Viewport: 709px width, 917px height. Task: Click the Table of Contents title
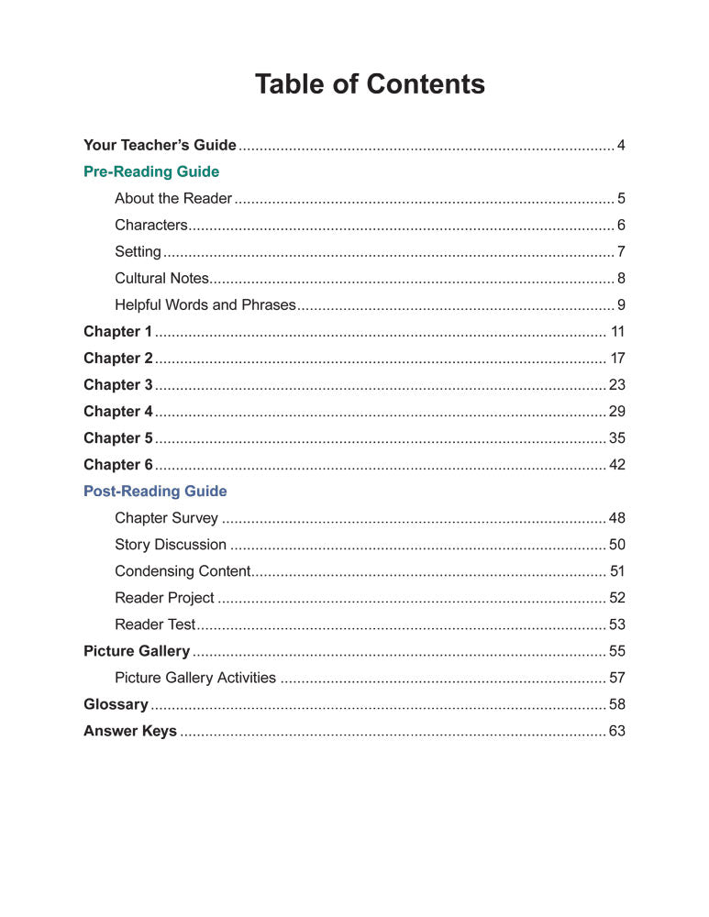[x=370, y=84]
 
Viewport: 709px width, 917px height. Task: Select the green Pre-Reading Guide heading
[x=151, y=171]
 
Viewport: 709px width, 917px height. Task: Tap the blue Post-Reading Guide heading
[x=155, y=492]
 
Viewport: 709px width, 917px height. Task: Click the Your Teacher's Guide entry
[x=160, y=145]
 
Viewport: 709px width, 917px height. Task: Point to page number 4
[x=621, y=145]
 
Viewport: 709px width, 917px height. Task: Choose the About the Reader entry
[x=172, y=198]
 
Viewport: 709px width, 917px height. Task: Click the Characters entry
[x=150, y=225]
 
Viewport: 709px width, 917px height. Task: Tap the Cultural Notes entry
[x=161, y=278]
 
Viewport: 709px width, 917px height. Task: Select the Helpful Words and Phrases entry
[x=205, y=304]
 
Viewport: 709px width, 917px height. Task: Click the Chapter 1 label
[x=117, y=331]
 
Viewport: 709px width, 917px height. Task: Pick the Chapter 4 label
[x=117, y=411]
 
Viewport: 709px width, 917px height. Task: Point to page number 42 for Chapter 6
[x=617, y=465]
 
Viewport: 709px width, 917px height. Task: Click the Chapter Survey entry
[x=166, y=518]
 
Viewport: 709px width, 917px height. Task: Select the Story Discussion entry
[x=171, y=545]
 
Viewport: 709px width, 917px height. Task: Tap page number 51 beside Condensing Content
[x=617, y=571]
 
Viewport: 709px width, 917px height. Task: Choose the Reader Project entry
[x=164, y=598]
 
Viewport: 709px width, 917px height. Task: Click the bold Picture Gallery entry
[x=137, y=651]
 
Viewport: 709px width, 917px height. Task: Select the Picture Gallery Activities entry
[x=194, y=678]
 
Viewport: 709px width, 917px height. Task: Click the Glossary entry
[x=116, y=704]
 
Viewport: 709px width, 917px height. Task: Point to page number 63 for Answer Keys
[x=617, y=731]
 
